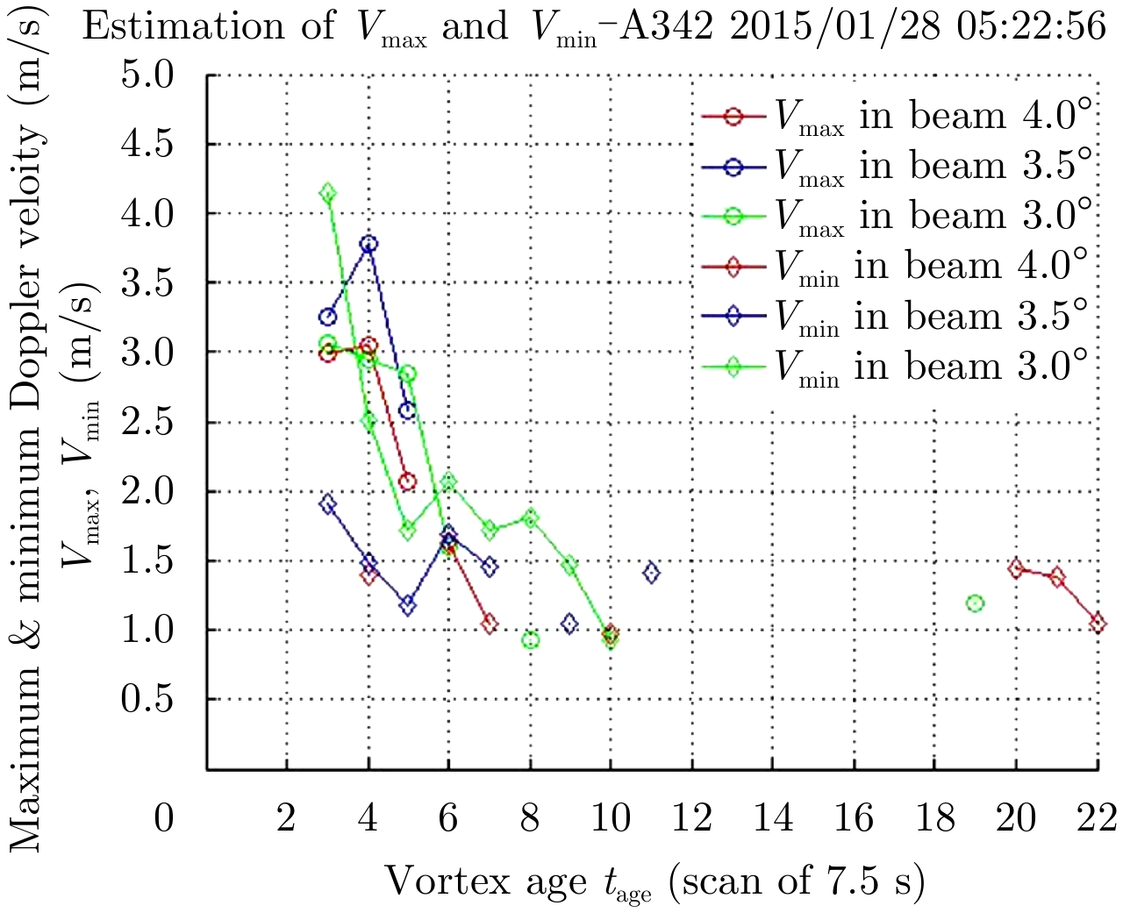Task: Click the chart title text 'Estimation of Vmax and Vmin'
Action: [x=594, y=26]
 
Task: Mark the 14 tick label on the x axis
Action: [x=773, y=818]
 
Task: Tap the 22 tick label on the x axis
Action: [x=1098, y=818]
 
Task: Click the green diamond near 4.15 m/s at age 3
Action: [x=328, y=193]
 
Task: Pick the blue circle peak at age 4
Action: [x=369, y=244]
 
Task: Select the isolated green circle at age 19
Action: [x=975, y=603]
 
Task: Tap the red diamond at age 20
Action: [x=1016, y=568]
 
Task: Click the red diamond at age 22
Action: [x=1098, y=624]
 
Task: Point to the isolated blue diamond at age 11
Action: [x=651, y=574]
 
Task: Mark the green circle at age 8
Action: [x=530, y=640]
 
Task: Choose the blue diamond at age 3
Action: [x=328, y=503]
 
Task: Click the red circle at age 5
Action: [x=407, y=481]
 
